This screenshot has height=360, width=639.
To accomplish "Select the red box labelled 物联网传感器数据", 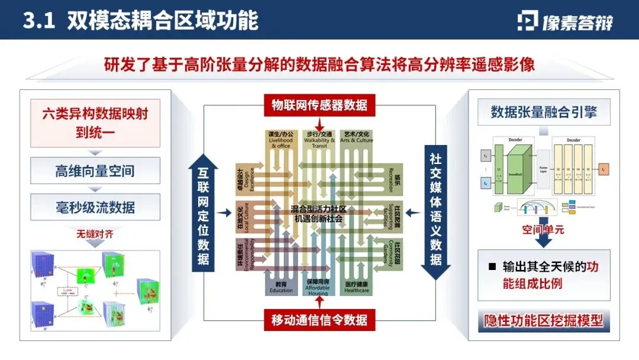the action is [x=319, y=105].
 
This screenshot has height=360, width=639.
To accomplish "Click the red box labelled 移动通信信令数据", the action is [x=319, y=320].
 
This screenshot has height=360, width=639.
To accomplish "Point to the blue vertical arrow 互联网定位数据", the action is [x=203, y=214].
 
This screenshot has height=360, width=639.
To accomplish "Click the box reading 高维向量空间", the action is [x=95, y=171].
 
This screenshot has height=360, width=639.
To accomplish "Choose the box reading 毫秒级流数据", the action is [x=95, y=207].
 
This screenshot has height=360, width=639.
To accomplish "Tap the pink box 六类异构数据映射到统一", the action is [x=95, y=123].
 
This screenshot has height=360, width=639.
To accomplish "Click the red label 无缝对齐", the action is [x=95, y=234].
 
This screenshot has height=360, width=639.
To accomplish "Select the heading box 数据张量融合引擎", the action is [x=543, y=112].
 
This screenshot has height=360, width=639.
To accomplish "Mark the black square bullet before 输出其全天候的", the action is [x=492, y=267].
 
